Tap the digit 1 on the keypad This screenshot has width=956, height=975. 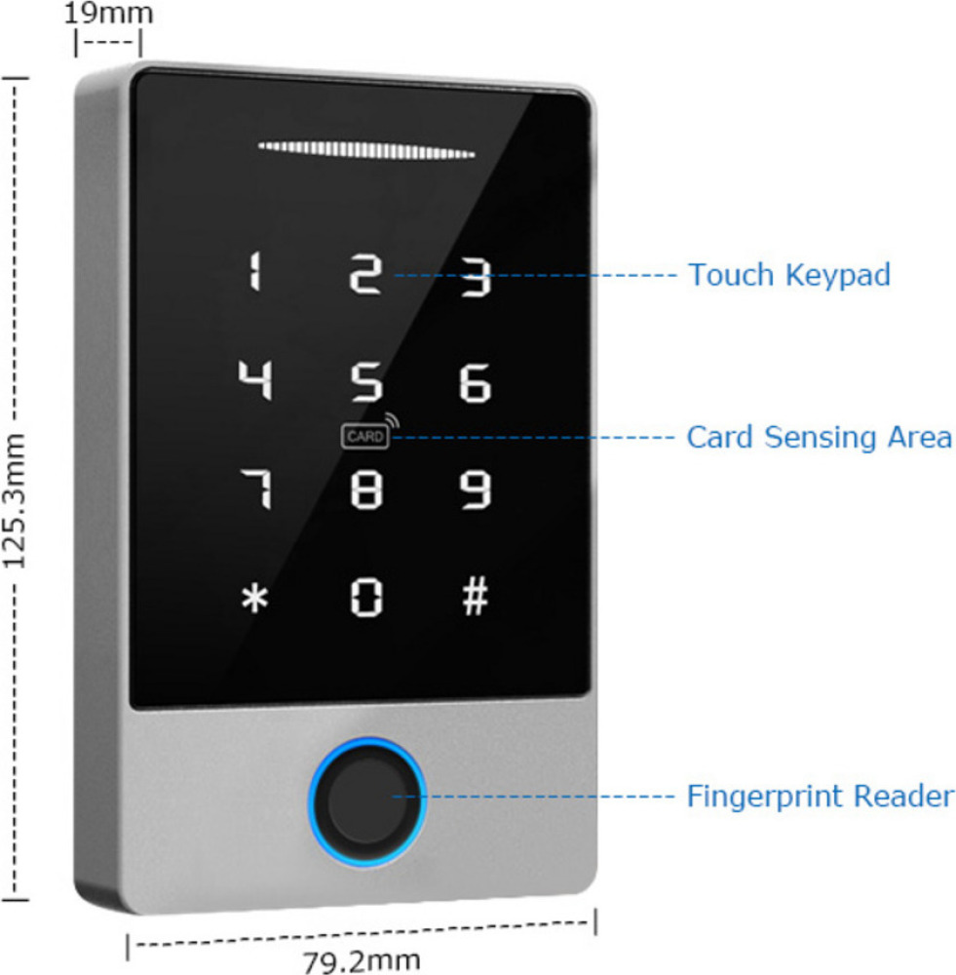pos(254,273)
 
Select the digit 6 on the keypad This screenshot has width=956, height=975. pos(475,384)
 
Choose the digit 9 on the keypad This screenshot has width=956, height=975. pos(476,490)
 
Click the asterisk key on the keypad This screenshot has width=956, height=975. pos(254,599)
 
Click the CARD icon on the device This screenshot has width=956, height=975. pos(365,437)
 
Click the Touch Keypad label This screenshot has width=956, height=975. pos(789,275)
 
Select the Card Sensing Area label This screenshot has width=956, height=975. pos(819,437)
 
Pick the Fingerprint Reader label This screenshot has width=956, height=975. pos(820,797)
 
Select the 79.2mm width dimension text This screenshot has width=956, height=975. pos(362,961)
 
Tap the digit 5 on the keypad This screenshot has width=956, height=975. pos(366,382)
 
